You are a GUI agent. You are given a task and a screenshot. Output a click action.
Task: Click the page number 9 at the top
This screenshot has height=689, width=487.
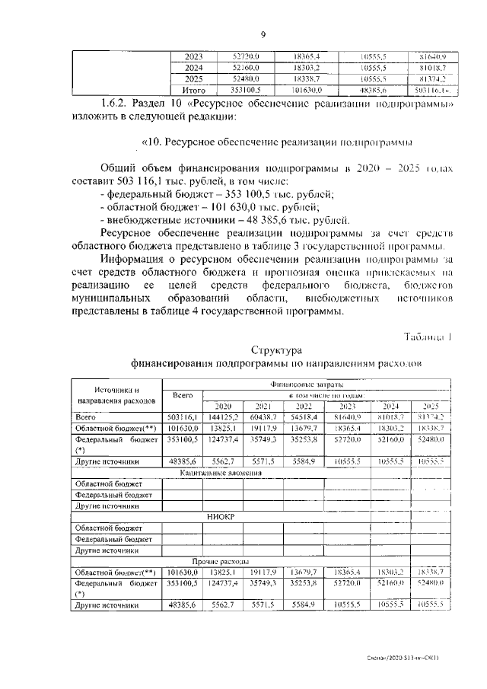[263, 34]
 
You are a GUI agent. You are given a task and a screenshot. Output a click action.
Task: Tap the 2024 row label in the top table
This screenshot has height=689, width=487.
[194, 67]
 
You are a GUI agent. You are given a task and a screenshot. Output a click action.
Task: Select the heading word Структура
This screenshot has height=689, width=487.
[276, 350]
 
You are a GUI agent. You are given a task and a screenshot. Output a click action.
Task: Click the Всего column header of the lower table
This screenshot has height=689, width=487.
[182, 395]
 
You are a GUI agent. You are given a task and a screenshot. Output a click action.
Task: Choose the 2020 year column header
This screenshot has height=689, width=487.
[223, 406]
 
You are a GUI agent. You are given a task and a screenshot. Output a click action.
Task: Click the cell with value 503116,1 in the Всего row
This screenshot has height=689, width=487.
[183, 417]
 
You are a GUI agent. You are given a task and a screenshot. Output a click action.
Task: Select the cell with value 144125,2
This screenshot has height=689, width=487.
[224, 417]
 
